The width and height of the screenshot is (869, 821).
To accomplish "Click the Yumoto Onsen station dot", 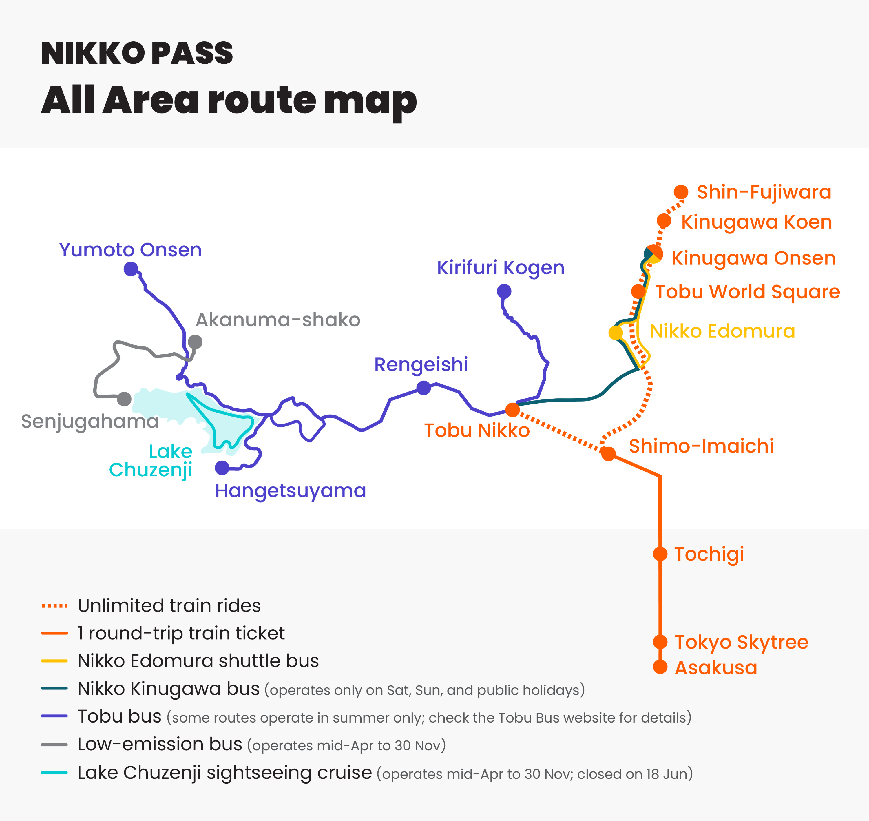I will [131, 269].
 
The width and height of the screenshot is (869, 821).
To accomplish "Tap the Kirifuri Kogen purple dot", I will [504, 291].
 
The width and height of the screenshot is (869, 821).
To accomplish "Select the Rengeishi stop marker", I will [423, 388].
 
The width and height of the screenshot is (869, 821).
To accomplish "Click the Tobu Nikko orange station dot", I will [512, 410].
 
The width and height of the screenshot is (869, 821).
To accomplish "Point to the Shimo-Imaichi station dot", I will [608, 453].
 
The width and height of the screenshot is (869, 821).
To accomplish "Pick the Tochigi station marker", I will [660, 554].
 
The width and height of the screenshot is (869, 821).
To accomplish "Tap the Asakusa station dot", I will [660, 667].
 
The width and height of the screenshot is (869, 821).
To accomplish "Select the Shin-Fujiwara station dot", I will [681, 192].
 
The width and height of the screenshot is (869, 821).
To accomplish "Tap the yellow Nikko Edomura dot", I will [616, 333].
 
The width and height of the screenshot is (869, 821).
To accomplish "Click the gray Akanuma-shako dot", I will [195, 342].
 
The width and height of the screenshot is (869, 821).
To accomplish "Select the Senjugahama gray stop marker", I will [124, 399].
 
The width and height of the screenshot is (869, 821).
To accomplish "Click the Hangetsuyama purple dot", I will [222, 468].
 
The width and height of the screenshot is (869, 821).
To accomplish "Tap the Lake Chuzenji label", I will [151, 460].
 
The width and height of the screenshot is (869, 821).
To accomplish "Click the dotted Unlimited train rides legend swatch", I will [54, 606].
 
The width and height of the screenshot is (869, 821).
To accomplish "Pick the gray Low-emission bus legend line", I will [54, 745].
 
